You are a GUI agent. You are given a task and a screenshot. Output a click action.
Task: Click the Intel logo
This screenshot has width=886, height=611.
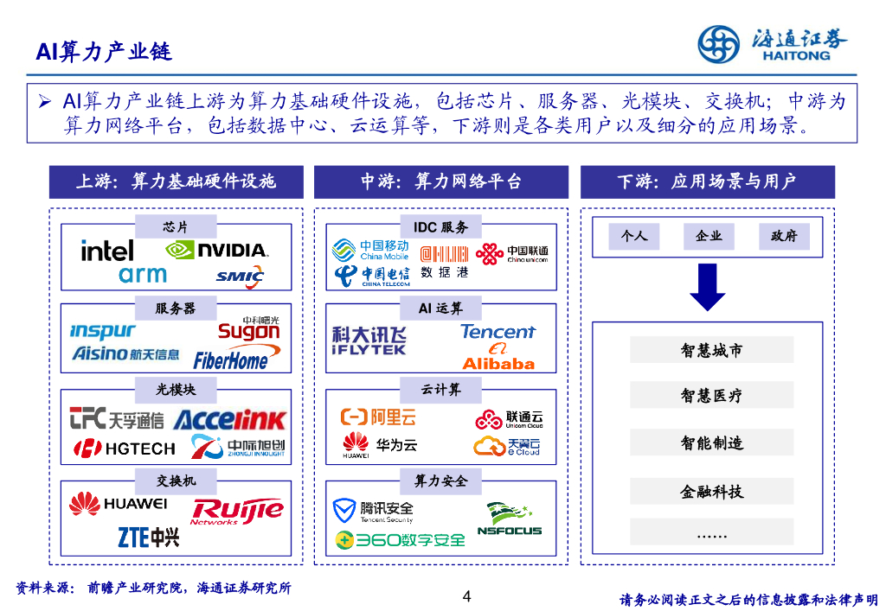click(x=107, y=251)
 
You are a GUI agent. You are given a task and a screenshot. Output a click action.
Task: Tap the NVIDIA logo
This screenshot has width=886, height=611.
click(x=216, y=250)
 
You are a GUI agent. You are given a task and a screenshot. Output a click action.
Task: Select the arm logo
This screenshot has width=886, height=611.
click(x=143, y=275)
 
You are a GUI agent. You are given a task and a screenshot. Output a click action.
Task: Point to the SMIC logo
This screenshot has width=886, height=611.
click(x=240, y=277)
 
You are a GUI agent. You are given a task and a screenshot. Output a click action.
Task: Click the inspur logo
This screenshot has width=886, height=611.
click(x=102, y=331)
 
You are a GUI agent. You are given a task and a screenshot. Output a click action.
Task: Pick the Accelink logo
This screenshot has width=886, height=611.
click(x=229, y=420)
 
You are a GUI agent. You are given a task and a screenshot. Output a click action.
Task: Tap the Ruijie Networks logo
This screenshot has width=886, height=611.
click(x=237, y=512)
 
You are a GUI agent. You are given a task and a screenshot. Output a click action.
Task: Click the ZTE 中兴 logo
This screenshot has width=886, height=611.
click(x=148, y=538)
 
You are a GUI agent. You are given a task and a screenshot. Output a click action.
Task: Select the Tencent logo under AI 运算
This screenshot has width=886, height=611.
click(x=498, y=332)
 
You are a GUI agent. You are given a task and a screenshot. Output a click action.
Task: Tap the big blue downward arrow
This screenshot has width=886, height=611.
click(x=707, y=287)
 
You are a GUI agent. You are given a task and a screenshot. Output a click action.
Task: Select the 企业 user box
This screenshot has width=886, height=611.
click(x=709, y=236)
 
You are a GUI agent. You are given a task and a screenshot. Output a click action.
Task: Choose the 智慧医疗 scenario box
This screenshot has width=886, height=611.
click(x=711, y=396)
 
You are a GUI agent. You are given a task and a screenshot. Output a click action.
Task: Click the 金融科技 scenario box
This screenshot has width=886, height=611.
click(x=711, y=492)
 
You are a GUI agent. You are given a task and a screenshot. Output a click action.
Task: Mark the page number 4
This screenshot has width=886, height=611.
click(x=467, y=596)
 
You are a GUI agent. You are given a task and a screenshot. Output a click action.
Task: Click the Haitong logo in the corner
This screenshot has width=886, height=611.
click(x=773, y=43)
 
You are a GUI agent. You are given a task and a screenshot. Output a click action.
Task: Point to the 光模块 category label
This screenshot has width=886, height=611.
click(x=176, y=390)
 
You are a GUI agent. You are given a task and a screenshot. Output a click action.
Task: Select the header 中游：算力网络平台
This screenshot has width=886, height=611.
click(x=441, y=182)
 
